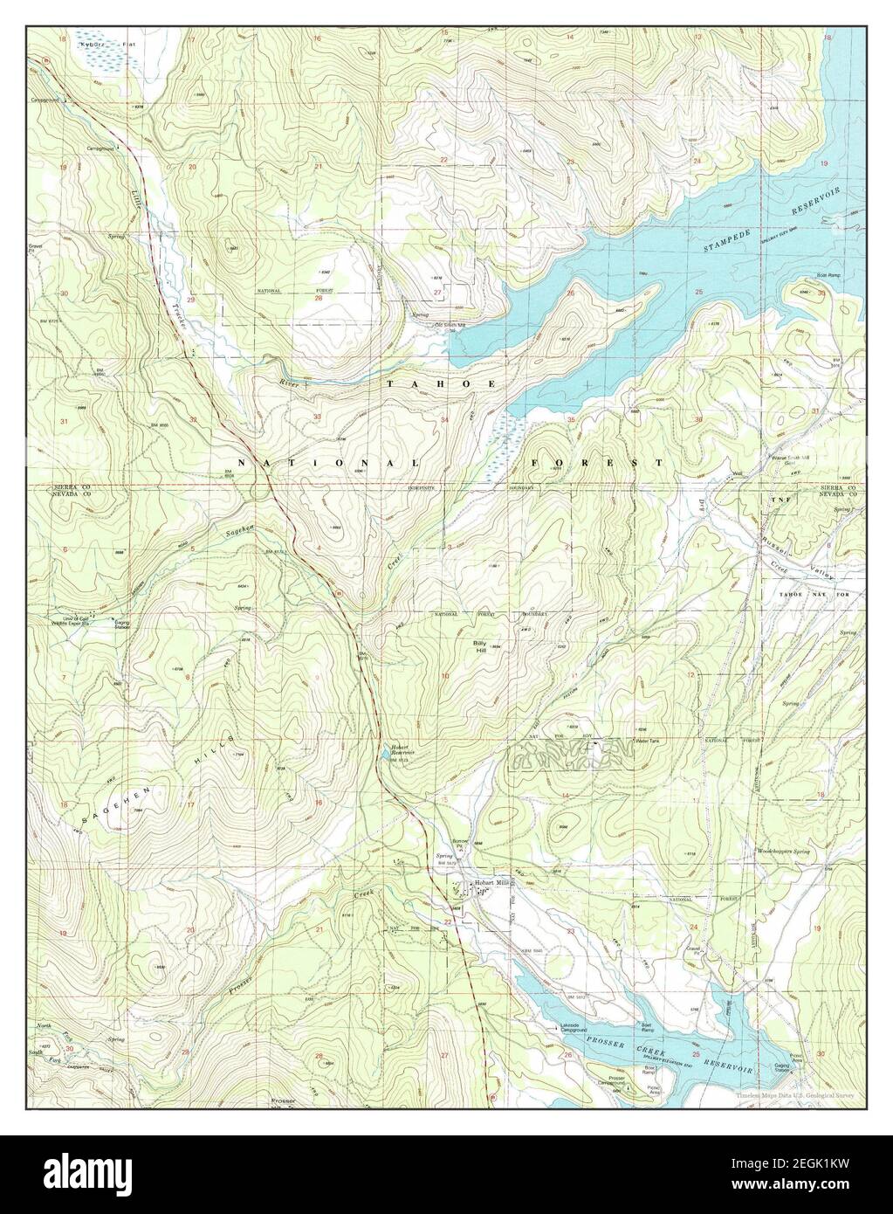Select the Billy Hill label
click(479, 646)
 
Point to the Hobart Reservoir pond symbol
click(385, 754)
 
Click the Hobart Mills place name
click(490, 884)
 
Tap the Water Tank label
click(647, 741)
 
